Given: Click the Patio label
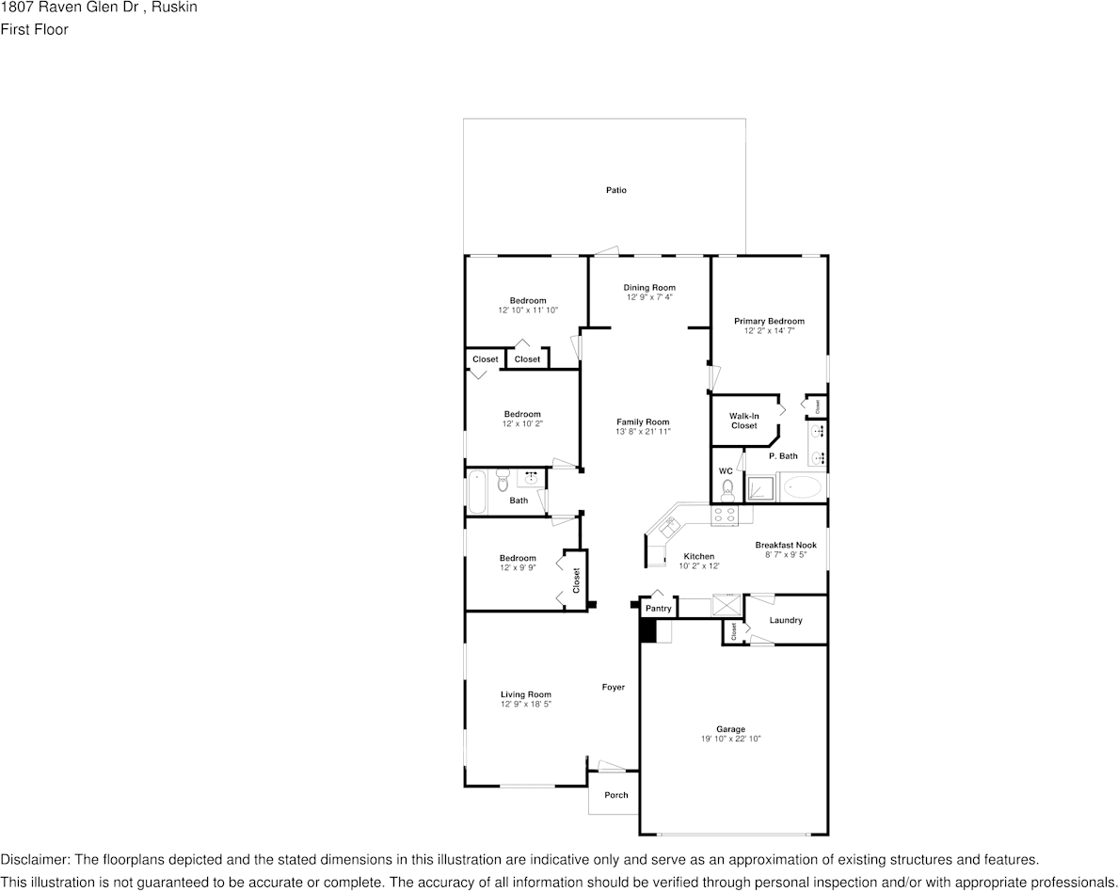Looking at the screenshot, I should (615, 190).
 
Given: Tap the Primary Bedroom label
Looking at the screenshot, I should (769, 321).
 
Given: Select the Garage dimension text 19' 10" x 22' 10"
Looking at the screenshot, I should (730, 740).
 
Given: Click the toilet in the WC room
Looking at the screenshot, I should (726, 489).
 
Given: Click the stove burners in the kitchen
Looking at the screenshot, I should (725, 514).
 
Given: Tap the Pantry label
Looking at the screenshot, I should (658, 609).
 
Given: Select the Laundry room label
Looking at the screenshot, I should (786, 620).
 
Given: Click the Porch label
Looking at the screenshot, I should (615, 795).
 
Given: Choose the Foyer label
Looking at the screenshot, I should (613, 687).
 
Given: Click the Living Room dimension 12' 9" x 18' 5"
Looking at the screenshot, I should (525, 704).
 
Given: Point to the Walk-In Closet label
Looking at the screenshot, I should (743, 421).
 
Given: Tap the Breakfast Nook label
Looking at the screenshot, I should (785, 545).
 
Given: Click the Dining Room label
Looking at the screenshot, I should (649, 287).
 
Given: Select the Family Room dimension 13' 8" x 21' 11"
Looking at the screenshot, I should (643, 432).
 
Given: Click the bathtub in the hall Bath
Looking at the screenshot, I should (477, 491).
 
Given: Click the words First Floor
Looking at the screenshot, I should (34, 29).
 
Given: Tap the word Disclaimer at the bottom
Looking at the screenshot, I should (34, 860).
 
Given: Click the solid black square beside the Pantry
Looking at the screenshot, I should (647, 630).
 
